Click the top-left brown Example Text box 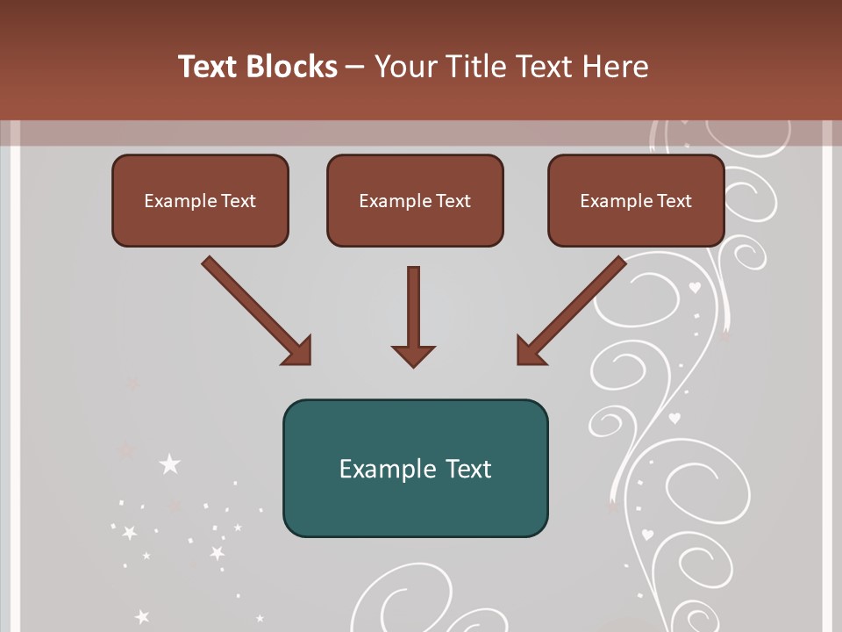(200, 200)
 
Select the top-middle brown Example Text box (415, 200)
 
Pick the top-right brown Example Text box (636, 200)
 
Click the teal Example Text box (415, 468)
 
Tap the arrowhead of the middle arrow (413, 355)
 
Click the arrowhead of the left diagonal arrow (298, 351)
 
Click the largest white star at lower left (169, 464)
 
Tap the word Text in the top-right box (673, 200)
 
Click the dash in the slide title (355, 67)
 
